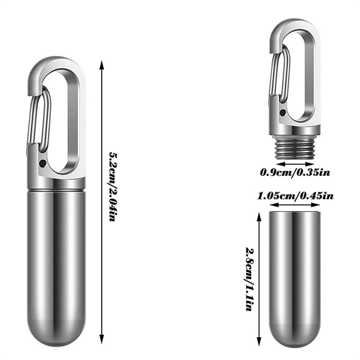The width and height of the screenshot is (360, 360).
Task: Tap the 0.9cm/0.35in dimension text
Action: click(295, 172)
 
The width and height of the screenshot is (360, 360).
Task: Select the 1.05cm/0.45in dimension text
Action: click(295, 196)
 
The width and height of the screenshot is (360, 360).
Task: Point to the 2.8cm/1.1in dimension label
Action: click(250, 279)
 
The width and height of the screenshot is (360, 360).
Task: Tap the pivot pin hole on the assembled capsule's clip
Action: click(42, 163)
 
